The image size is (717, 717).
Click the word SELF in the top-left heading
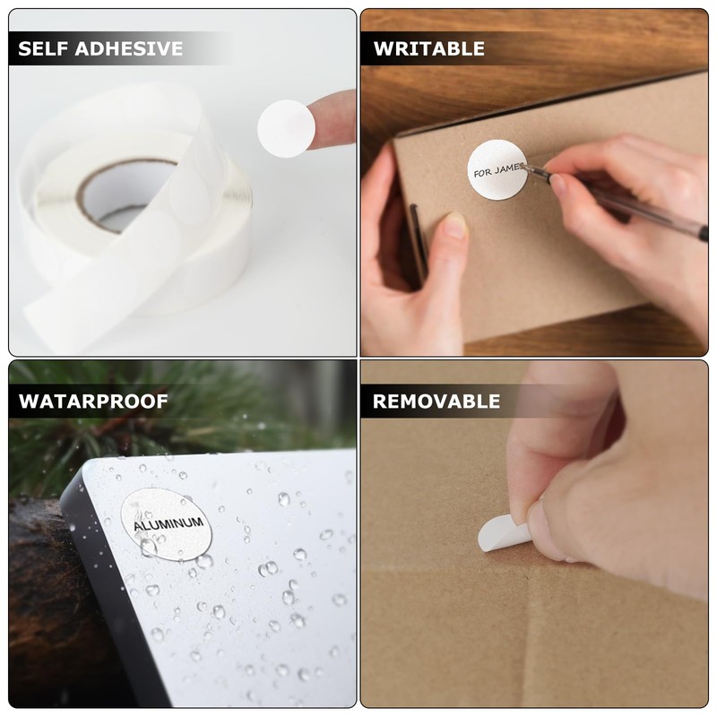click(45, 48)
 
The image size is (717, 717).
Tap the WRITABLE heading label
click(428, 48)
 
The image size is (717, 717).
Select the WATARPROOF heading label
click(93, 401)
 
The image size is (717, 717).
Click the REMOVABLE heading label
click(436, 401)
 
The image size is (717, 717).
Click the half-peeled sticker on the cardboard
click(502, 534)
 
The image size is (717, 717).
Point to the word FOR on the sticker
click(482, 172)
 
